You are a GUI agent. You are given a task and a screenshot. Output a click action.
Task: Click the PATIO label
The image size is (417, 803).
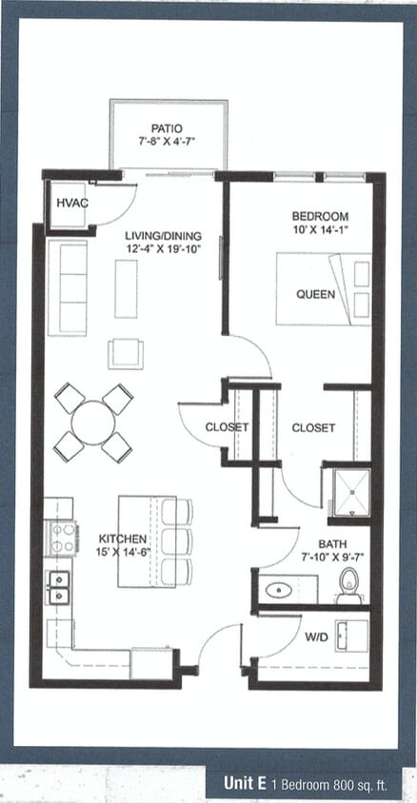[x=167, y=128]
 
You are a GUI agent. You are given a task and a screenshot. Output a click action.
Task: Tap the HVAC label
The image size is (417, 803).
[x=70, y=203]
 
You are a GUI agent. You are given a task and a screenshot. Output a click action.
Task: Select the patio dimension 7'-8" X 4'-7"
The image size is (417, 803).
[x=167, y=144]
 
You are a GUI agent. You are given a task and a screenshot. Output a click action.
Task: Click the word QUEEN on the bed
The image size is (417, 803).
[x=314, y=294]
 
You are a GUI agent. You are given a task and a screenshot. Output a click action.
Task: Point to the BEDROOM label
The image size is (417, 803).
[x=320, y=216]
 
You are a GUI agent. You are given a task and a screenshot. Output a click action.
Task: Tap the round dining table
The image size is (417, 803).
[x=93, y=422]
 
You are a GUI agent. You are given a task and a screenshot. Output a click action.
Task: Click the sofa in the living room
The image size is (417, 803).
[x=67, y=286]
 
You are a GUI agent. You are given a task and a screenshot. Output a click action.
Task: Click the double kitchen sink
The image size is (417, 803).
[x=59, y=587]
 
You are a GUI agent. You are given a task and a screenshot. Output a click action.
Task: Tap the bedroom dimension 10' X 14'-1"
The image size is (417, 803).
[x=320, y=229]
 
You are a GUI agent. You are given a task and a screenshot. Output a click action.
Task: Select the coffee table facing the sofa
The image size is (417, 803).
[x=126, y=288]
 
